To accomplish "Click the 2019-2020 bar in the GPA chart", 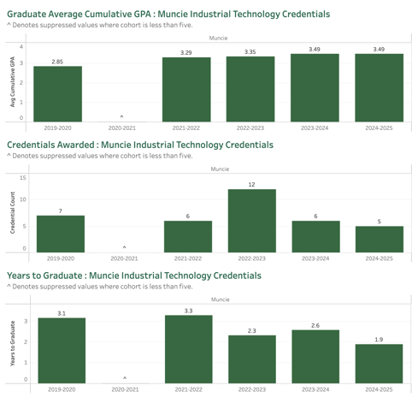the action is [57, 94].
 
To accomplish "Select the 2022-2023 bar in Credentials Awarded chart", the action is [252, 221].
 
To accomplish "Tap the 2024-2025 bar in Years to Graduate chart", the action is [379, 364].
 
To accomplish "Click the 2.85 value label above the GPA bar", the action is [57, 62].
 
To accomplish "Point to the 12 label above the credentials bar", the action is [251, 185].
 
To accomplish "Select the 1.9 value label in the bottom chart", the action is [379, 340].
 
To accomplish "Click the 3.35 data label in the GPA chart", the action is [250, 52].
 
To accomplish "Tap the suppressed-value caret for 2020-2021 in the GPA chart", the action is [121, 116].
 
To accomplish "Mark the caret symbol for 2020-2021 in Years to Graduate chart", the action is [125, 378].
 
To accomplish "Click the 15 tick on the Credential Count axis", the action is [23, 178].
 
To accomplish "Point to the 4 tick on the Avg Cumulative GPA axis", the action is [21, 46].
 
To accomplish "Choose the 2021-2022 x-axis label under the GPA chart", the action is [186, 128].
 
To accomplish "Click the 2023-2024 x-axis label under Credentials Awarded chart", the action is [315, 258].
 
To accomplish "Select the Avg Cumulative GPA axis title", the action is [13, 82].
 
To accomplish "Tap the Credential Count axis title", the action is [13, 213].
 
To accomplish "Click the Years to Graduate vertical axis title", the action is [13, 343].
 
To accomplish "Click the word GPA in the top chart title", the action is [140, 14].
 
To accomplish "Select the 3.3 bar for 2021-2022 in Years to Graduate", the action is [189, 349].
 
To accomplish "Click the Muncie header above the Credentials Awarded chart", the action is [220, 169].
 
